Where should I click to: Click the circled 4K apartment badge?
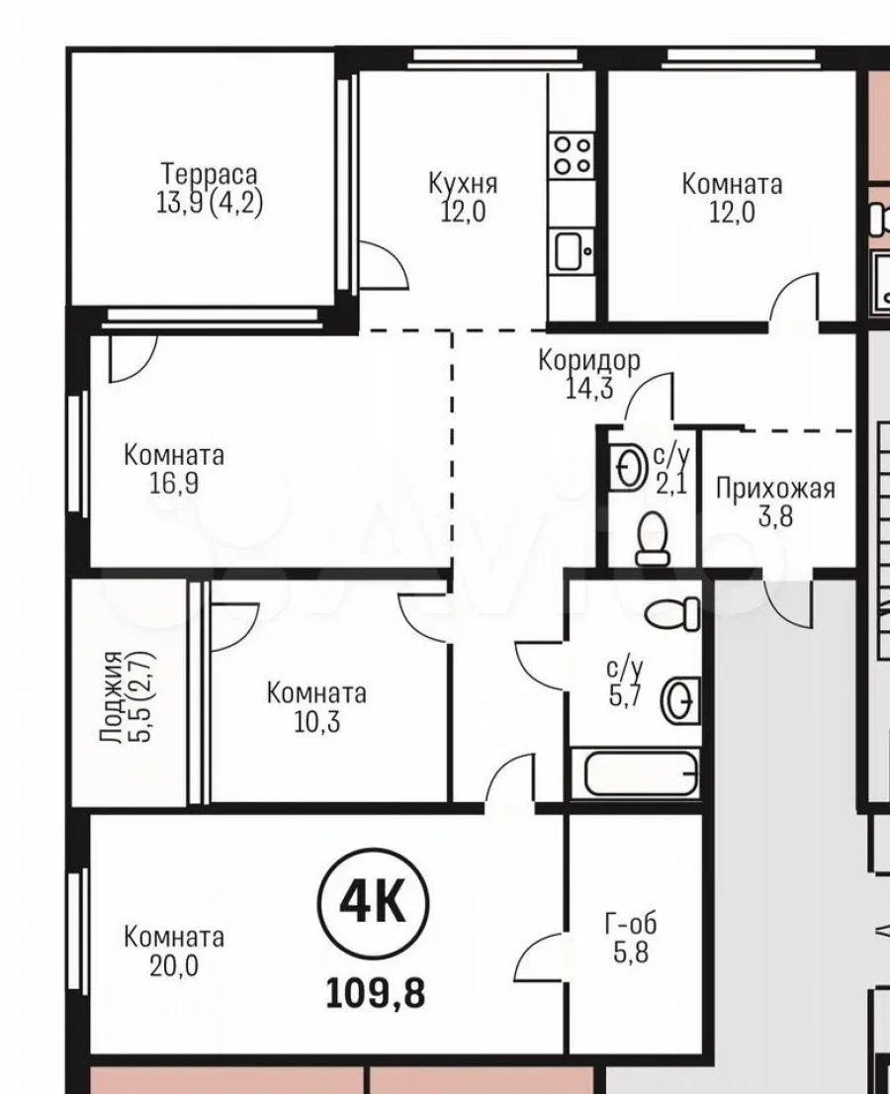[x=373, y=904]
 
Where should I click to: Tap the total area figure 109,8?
[x=375, y=993]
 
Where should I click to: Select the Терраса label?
[x=210, y=174]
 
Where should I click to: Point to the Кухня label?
[x=463, y=184]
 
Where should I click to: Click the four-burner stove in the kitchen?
[x=572, y=155]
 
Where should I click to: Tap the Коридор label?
[x=588, y=360]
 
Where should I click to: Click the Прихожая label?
[x=775, y=489]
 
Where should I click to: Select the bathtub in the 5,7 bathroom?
[x=641, y=774]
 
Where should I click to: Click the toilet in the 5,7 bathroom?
[x=672, y=613]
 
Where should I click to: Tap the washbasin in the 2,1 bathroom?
[x=630, y=466]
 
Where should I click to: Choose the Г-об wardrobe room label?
[x=631, y=925]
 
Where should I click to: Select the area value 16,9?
[x=174, y=483]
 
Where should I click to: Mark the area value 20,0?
[x=174, y=965]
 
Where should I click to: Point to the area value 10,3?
[x=316, y=721]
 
